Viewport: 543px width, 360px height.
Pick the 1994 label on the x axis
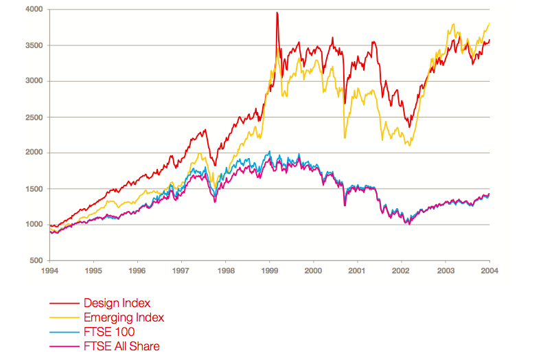(x=50, y=271)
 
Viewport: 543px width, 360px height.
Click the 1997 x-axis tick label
(x=182, y=271)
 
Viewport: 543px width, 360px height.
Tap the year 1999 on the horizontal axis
(x=270, y=271)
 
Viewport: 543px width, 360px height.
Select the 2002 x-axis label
(x=402, y=271)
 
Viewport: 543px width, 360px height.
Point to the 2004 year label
(x=489, y=271)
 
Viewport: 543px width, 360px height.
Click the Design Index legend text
(x=117, y=302)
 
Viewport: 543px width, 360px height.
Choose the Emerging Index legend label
(x=124, y=317)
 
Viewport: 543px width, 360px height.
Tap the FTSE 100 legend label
(x=109, y=332)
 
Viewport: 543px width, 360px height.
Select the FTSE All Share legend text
(x=122, y=346)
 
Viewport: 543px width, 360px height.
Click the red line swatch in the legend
(x=63, y=303)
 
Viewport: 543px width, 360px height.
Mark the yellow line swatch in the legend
(x=63, y=317)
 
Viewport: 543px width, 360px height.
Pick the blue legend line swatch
(x=63, y=332)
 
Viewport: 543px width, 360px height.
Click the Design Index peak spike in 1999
(x=277, y=13)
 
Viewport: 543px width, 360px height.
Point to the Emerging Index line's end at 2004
(x=489, y=23)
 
